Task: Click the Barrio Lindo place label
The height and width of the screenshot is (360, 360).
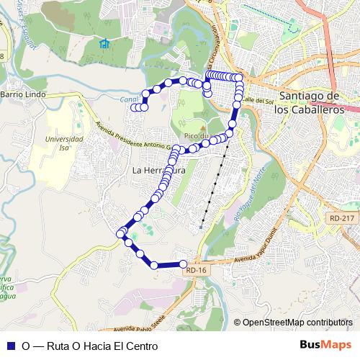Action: pyautogui.click(x=23, y=94)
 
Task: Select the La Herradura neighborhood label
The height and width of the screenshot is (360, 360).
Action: pyautogui.click(x=159, y=171)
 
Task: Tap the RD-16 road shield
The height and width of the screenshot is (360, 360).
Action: pyautogui.click(x=195, y=270)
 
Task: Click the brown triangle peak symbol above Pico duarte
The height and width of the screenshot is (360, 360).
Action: pyautogui.click(x=203, y=127)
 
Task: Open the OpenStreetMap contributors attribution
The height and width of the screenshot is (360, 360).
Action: pyautogui.click(x=298, y=323)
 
